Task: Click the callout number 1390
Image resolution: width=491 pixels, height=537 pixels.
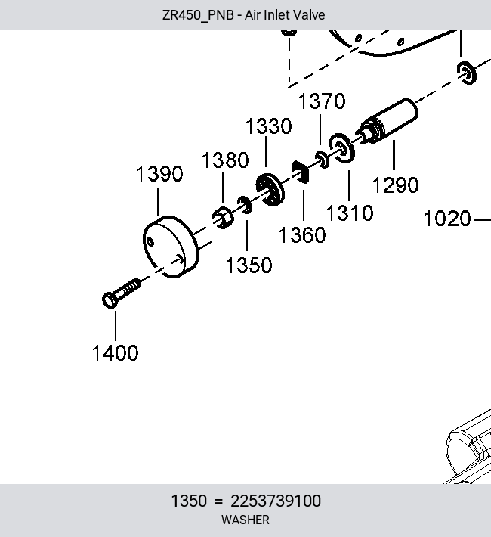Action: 159,174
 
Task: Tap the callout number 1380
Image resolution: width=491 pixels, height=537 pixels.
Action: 225,160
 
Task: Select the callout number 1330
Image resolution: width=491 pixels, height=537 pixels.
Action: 269,126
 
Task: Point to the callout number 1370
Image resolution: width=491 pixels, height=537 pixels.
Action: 322,101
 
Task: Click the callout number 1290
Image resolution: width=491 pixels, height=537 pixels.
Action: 395,185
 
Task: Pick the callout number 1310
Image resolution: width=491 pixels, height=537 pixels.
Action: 350,213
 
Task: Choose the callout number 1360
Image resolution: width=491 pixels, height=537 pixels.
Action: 302,235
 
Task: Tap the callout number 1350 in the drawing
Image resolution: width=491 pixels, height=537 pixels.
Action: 249,265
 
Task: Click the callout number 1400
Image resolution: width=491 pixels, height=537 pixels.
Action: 116,353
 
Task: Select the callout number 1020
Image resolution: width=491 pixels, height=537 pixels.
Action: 447,219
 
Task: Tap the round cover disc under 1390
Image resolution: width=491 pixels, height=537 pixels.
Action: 171,247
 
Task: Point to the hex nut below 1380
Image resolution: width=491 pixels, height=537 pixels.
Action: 223,218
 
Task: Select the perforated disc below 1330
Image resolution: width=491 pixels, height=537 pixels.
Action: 270,190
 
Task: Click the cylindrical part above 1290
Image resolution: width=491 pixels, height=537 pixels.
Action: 387,122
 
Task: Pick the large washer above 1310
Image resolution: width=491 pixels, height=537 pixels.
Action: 342,148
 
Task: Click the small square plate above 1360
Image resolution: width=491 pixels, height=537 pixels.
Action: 301,172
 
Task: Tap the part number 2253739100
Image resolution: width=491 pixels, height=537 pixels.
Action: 276,501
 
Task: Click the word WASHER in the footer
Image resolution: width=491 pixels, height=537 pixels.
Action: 246,520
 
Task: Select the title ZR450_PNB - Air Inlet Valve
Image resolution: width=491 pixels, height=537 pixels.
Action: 244,15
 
